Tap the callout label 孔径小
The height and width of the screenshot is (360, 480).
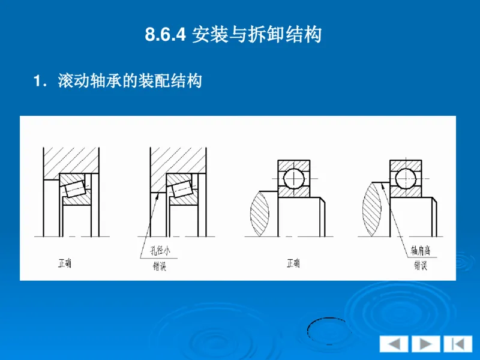[157, 251]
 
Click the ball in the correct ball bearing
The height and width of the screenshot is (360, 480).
[293, 178]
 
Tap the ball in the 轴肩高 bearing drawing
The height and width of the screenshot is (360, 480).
[406, 178]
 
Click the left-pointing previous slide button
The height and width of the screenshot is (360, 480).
[394, 344]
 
